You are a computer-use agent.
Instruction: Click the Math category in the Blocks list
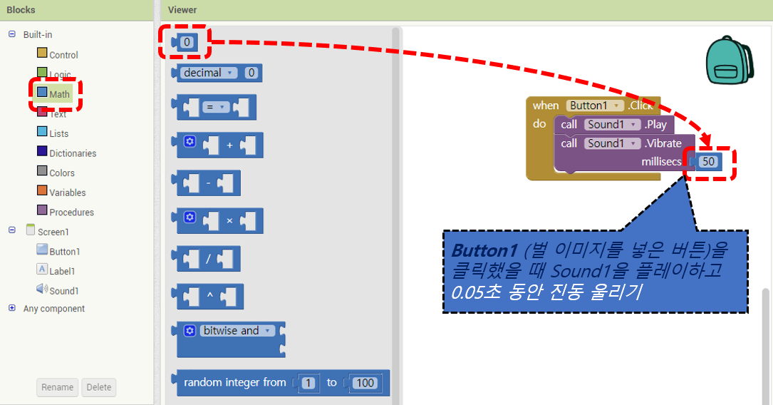click(x=59, y=94)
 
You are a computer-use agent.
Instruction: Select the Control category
click(x=63, y=55)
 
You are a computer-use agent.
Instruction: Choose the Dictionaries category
click(x=72, y=153)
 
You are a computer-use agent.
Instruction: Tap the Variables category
click(x=67, y=193)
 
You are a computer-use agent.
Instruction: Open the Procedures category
click(x=71, y=212)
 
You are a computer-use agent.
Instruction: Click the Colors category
click(x=61, y=173)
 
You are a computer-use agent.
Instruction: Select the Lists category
click(x=58, y=133)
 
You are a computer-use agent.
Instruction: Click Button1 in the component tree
click(x=64, y=251)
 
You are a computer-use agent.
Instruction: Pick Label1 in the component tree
click(x=62, y=271)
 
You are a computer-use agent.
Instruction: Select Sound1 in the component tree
click(x=63, y=290)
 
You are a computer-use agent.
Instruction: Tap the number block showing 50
click(x=708, y=162)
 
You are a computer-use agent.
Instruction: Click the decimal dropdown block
click(x=209, y=73)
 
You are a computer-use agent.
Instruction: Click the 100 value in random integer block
click(x=365, y=383)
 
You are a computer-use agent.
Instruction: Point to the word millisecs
click(x=661, y=162)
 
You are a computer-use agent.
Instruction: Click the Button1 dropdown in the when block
click(x=596, y=106)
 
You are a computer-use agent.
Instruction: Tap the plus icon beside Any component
click(x=11, y=309)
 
